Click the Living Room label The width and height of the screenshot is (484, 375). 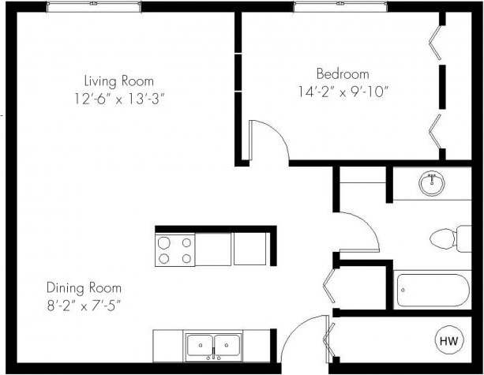[x=119, y=81]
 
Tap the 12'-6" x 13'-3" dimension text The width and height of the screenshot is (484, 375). [x=119, y=99]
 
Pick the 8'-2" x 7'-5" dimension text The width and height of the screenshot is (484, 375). [x=83, y=303]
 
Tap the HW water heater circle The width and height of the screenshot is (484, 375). [x=448, y=341]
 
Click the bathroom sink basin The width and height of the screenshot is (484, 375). [x=431, y=184]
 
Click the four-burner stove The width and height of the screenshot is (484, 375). [x=175, y=250]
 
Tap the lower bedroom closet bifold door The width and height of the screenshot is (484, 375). [x=435, y=130]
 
